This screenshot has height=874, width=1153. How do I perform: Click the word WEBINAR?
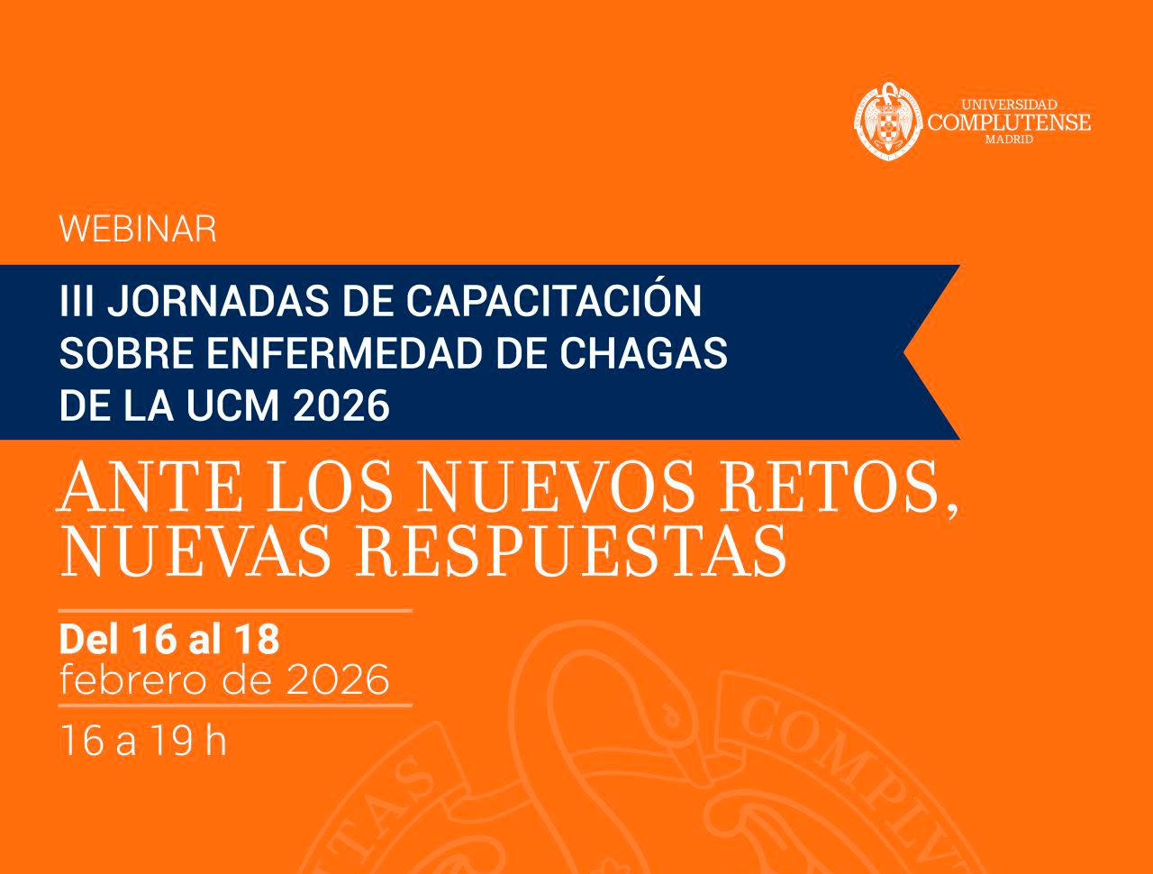click(x=138, y=230)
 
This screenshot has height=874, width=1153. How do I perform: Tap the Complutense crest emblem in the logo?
click(x=888, y=121)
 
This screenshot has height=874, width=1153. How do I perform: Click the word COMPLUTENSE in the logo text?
click(x=1009, y=123)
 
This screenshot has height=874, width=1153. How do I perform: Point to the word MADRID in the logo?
click(x=1009, y=140)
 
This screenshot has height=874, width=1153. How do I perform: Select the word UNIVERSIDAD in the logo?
click(x=1009, y=105)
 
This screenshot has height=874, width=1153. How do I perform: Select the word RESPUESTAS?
click(x=572, y=551)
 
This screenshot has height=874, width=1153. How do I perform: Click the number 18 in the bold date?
click(x=257, y=639)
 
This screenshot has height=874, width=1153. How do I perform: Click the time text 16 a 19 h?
click(x=142, y=741)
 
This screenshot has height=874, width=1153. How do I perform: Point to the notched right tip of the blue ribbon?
click(x=906, y=352)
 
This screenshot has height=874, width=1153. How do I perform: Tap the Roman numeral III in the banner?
click(x=76, y=301)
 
